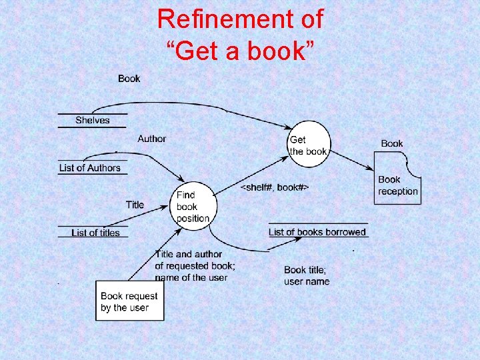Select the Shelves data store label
92,120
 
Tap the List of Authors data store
90,168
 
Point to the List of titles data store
95,233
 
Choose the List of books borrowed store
317,232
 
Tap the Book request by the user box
129,301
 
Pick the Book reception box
398,185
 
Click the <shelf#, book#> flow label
274,188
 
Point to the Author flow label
151,139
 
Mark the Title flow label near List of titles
135,205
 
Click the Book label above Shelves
129,79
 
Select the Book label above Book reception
392,143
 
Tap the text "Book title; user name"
307,275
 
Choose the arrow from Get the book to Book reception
353,162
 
